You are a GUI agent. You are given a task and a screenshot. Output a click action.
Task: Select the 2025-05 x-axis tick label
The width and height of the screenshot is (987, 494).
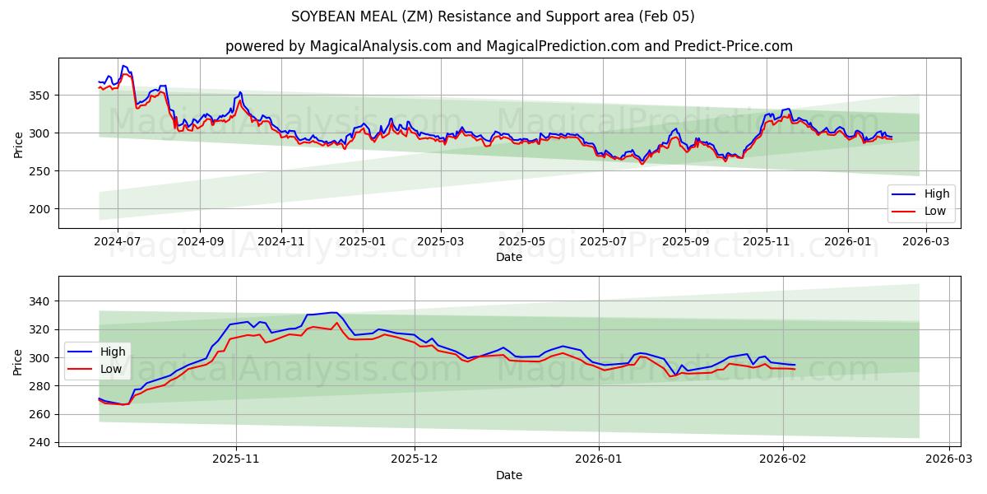[522, 242]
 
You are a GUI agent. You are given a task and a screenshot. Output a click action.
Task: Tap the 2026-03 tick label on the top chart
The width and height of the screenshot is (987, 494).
[926, 242]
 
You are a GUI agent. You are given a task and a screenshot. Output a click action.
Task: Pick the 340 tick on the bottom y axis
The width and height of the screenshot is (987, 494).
[40, 301]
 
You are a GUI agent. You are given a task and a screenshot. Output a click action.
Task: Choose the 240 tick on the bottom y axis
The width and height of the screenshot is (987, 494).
[40, 442]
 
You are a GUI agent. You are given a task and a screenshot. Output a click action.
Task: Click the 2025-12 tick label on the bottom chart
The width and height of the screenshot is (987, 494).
[415, 459]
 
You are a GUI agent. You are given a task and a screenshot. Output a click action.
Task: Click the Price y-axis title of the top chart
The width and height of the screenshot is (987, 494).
[18, 143]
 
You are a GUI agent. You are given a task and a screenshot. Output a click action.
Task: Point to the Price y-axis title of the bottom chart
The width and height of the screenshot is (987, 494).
[18, 362]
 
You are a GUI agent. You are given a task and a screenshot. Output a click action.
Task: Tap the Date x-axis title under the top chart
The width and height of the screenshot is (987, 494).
[509, 257]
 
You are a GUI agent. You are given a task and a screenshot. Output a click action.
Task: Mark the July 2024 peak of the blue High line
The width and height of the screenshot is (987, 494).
[123, 66]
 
